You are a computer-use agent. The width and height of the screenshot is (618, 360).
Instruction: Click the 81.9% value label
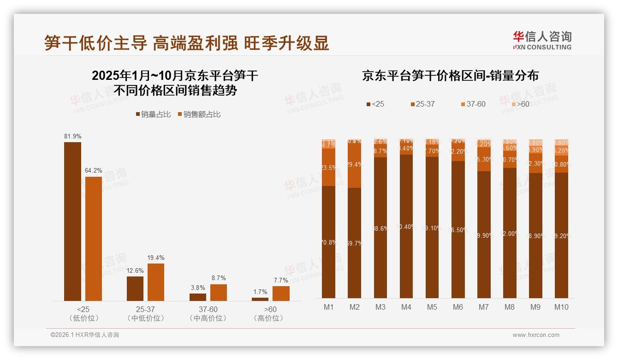click(73, 136)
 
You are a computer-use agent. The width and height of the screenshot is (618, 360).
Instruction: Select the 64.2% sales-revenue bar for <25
click(94, 238)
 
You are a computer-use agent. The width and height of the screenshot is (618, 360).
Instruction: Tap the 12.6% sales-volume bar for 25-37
click(135, 288)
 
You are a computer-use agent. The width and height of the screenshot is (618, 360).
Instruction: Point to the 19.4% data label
click(156, 258)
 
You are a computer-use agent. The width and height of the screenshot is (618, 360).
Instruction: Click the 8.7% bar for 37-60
click(219, 292)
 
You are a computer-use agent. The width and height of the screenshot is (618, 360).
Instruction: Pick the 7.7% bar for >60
click(281, 293)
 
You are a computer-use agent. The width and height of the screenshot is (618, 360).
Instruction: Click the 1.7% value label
click(260, 292)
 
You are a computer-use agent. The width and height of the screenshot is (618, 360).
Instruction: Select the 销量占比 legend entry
click(154, 114)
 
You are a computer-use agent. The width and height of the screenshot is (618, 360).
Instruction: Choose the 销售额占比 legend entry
click(199, 114)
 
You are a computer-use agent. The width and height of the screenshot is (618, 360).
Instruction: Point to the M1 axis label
click(329, 307)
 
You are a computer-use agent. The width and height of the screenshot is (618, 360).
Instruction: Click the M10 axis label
click(561, 307)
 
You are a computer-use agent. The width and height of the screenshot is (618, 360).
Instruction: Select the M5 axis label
click(432, 307)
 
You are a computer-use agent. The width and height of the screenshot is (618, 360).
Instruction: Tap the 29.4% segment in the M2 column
click(355, 165)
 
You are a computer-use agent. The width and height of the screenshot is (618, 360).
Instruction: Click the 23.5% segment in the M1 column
click(329, 167)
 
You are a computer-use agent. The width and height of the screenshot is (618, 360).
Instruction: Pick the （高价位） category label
click(268, 318)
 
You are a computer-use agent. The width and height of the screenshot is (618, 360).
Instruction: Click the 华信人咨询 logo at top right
click(542, 40)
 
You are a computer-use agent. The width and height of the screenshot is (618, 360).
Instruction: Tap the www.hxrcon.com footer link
click(536, 335)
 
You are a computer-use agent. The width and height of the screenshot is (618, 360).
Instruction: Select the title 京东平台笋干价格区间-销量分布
click(450, 76)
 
